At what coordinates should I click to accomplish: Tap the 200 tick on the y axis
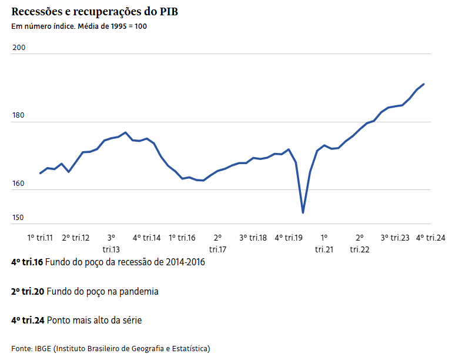click(x=18, y=48)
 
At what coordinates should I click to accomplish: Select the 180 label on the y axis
click(x=18, y=116)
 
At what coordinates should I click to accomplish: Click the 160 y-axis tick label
click(x=18, y=184)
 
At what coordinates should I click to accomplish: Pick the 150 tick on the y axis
click(x=18, y=218)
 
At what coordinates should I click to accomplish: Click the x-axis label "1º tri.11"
click(x=40, y=238)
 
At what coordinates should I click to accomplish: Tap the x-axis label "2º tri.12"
click(x=76, y=238)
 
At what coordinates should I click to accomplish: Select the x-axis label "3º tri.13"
click(x=111, y=243)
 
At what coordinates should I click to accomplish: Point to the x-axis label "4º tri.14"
click(x=146, y=238)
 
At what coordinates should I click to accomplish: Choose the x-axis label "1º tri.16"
click(x=182, y=238)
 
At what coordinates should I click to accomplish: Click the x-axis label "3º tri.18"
click(x=253, y=238)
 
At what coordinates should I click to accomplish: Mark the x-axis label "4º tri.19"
click(x=289, y=238)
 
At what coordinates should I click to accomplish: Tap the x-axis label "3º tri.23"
click(x=395, y=238)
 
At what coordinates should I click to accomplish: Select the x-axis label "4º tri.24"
click(x=430, y=238)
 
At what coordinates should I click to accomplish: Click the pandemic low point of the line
click(x=303, y=212)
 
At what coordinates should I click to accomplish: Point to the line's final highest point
click(x=424, y=84)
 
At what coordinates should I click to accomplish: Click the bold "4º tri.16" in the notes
click(x=27, y=262)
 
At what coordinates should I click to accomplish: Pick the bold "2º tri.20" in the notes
click(x=27, y=291)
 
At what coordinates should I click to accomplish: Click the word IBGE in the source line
click(x=43, y=348)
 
